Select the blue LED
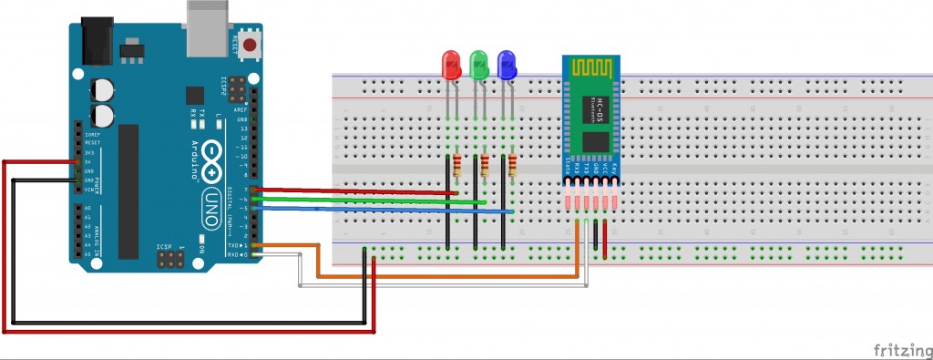[x=507, y=64]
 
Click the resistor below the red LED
[x=456, y=166]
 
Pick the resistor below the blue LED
[x=513, y=166]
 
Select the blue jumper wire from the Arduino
[x=383, y=210]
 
